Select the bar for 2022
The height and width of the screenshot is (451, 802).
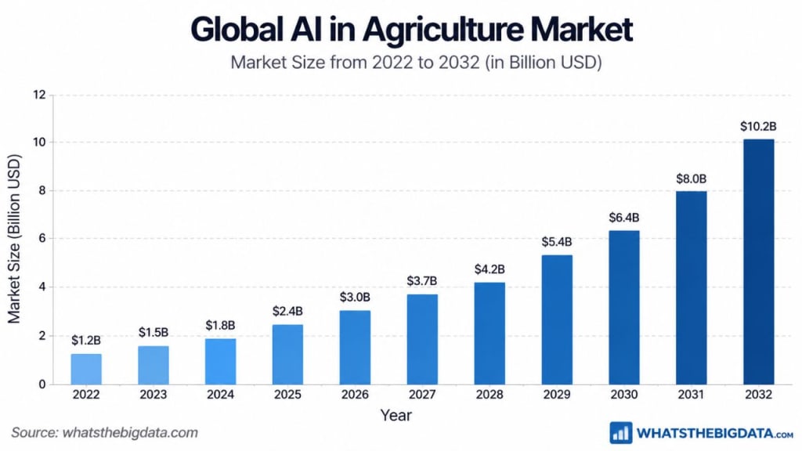(86, 369)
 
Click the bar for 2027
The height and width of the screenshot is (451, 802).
(422, 339)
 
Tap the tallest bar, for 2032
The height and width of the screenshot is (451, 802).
(758, 262)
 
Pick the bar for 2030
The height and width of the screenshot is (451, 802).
(623, 307)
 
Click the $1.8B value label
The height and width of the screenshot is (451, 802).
(220, 325)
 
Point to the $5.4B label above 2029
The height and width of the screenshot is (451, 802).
(557, 242)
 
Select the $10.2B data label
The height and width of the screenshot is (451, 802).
(758, 126)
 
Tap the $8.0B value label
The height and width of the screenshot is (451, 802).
(691, 179)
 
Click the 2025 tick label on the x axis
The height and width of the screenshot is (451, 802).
(287, 395)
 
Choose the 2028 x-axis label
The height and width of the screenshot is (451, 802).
(490, 395)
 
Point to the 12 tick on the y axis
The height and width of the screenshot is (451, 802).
(39, 95)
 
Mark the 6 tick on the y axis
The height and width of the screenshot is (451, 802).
(42, 239)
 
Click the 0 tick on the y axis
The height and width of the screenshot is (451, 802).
(42, 384)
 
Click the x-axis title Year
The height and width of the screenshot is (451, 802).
(396, 415)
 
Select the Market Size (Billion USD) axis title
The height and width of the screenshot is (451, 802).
(14, 239)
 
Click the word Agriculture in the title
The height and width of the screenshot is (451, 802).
(443, 30)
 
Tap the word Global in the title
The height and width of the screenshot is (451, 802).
(237, 29)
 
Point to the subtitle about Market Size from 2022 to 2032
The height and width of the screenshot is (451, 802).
(416, 63)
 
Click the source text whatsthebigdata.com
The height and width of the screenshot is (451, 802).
(130, 432)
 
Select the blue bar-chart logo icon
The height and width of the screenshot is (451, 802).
(620, 433)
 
